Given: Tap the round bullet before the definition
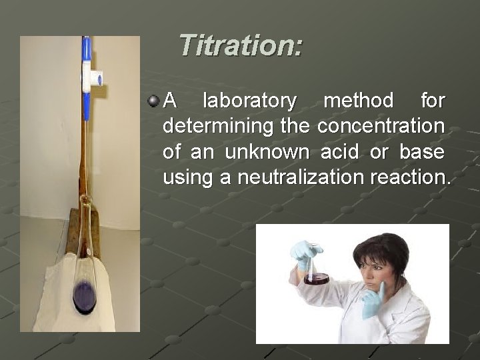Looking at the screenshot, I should [x=153, y=101].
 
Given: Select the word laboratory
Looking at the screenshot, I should [x=249, y=101].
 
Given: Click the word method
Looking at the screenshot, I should [x=358, y=101].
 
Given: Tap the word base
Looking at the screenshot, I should [x=421, y=152].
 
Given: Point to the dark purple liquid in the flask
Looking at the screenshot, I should [x=85, y=295].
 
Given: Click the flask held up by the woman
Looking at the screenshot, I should [x=316, y=273].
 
